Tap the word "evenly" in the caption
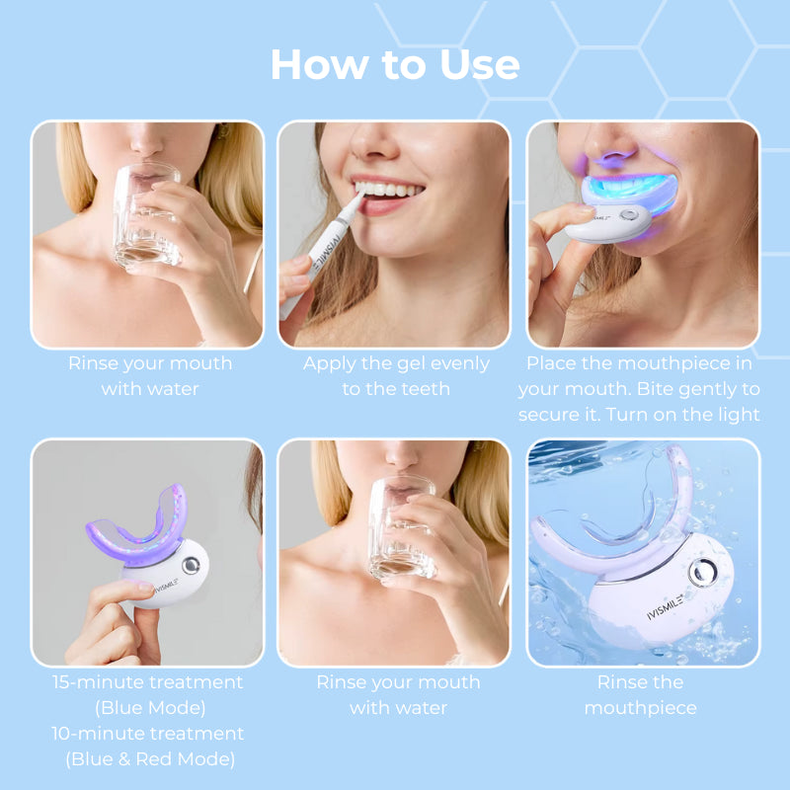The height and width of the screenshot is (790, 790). [456, 363]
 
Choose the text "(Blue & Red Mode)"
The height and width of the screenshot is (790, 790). [150, 759]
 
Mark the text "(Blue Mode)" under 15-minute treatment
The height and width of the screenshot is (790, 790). [150, 708]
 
